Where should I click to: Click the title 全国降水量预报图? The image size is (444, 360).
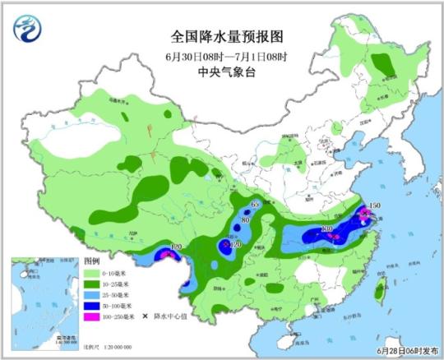tap(215, 37)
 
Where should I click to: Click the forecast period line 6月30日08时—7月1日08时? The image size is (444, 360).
tap(215, 56)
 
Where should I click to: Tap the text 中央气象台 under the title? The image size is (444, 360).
tap(215, 72)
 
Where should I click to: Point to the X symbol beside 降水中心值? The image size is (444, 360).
tap(145, 316)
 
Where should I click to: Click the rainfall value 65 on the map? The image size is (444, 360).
tap(255, 203)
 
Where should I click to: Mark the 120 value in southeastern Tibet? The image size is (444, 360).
tap(175, 247)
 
